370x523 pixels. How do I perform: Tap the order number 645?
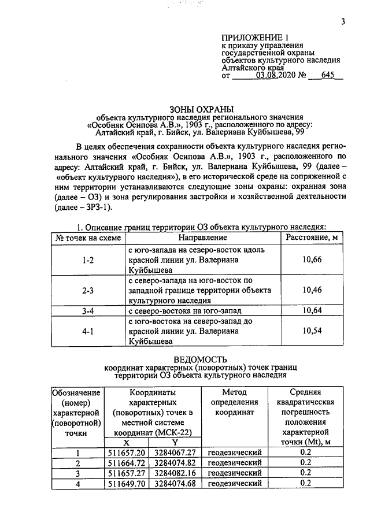pos(328,76)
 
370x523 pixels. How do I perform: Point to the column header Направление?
pos(202,238)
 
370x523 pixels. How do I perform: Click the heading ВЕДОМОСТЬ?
pos(200,358)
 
